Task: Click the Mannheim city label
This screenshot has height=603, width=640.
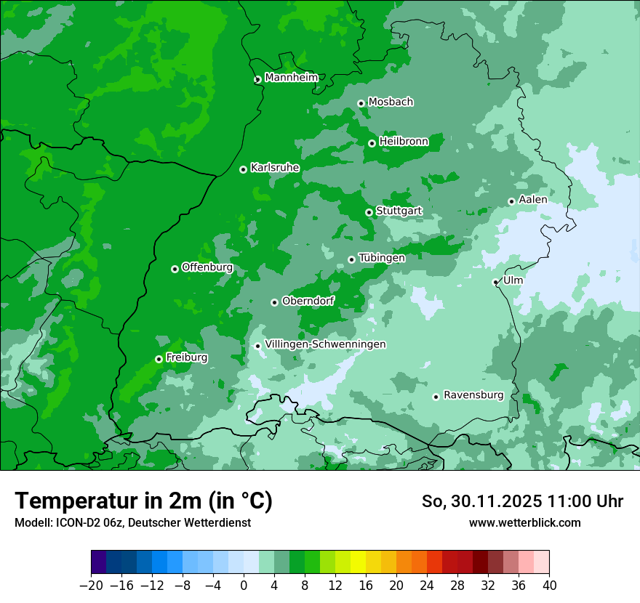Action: click(x=291, y=78)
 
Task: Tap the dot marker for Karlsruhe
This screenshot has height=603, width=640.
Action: click(x=243, y=169)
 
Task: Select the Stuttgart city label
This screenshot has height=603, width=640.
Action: click(x=399, y=211)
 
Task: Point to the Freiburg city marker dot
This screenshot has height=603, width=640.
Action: click(x=159, y=359)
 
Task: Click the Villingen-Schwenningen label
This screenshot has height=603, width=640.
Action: click(x=325, y=344)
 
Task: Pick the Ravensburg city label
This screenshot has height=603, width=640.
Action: click(x=473, y=395)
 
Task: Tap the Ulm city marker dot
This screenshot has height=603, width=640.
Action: click(x=495, y=282)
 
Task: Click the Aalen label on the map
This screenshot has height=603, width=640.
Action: click(x=533, y=200)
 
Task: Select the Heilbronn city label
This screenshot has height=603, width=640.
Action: click(x=404, y=142)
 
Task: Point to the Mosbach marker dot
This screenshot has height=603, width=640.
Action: click(x=361, y=103)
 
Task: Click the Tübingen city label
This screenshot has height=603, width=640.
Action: click(x=382, y=258)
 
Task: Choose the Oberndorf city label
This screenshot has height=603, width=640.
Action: click(x=308, y=301)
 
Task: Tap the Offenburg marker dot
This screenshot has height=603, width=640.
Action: click(x=175, y=269)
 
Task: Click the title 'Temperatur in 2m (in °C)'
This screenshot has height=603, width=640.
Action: click(x=144, y=501)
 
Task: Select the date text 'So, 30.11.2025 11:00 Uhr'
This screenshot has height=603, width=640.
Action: click(x=522, y=501)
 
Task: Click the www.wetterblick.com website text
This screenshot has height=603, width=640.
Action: click(x=524, y=522)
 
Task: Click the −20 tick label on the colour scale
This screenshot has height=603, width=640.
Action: click(x=91, y=585)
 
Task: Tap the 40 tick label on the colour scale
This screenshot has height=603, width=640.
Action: click(x=549, y=585)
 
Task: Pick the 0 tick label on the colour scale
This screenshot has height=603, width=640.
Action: click(x=244, y=585)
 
